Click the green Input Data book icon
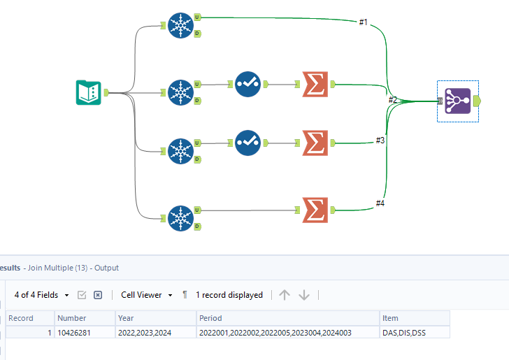88,92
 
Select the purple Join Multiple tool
457,101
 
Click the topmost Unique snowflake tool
180,27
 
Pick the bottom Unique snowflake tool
180,217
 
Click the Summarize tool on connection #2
315,84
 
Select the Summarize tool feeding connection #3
315,142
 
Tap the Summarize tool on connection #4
315,210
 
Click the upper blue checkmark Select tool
248,84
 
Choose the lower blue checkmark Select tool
248,142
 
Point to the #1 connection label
363,22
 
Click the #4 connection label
380,203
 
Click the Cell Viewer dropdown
146,295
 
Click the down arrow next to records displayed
304,295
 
